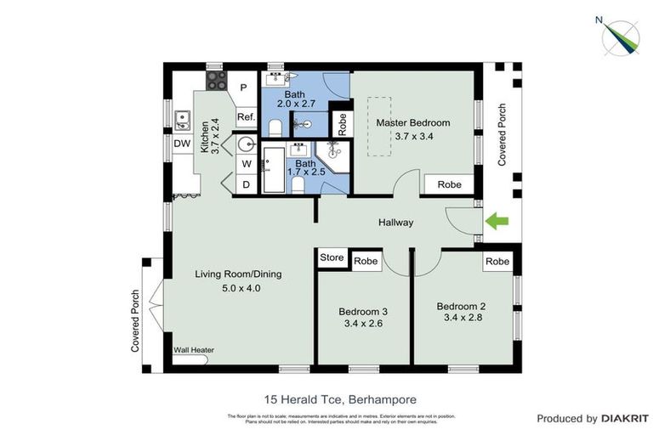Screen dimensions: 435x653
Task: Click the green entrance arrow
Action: [497, 222]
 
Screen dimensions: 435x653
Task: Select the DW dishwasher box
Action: [182, 144]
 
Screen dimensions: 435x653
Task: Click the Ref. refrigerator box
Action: [246, 117]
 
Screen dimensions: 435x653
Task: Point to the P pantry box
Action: [243, 88]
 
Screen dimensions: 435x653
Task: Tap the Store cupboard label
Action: [332, 257]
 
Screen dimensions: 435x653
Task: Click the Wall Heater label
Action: [194, 349]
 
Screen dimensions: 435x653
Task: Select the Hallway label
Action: [395, 223]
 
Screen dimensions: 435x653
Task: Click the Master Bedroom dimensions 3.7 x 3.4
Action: [413, 136]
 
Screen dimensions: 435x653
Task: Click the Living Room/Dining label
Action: [238, 274]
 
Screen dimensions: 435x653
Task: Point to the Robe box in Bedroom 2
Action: [497, 262]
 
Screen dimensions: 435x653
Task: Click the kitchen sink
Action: [181, 118]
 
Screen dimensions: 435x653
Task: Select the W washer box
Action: [246, 163]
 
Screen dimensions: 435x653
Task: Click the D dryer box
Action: [246, 184]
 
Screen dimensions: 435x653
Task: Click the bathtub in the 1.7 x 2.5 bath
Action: [275, 170]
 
